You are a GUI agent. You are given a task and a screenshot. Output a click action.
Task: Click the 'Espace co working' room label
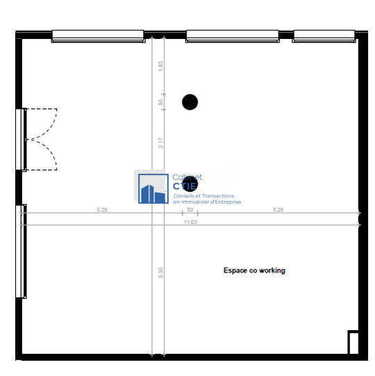(x=254, y=270)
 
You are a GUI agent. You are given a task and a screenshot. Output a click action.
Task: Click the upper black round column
(x=190, y=102)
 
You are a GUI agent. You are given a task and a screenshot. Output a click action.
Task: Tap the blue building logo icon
(x=153, y=188)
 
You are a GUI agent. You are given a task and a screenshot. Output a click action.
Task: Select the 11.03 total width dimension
(x=190, y=222)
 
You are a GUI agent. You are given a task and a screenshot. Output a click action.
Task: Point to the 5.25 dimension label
(x=101, y=209)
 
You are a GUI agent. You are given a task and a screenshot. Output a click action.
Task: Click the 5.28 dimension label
(x=278, y=209)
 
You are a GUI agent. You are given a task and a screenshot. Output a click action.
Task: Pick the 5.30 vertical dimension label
(x=161, y=273)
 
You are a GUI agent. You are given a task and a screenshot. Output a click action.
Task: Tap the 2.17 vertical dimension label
(x=161, y=142)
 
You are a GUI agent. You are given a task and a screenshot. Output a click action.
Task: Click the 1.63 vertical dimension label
(x=161, y=66)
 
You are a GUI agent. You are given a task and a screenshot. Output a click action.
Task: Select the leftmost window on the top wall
(x=98, y=35)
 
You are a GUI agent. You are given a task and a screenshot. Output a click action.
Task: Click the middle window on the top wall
(x=233, y=35)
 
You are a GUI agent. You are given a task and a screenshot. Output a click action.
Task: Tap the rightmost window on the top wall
(x=324, y=35)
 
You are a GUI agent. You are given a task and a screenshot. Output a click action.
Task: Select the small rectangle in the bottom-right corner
(x=353, y=343)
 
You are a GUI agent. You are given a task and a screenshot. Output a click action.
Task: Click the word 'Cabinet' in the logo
(x=187, y=178)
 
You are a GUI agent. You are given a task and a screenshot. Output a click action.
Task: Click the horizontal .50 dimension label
(x=190, y=209)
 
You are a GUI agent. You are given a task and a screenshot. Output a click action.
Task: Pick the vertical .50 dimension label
(x=161, y=102)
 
